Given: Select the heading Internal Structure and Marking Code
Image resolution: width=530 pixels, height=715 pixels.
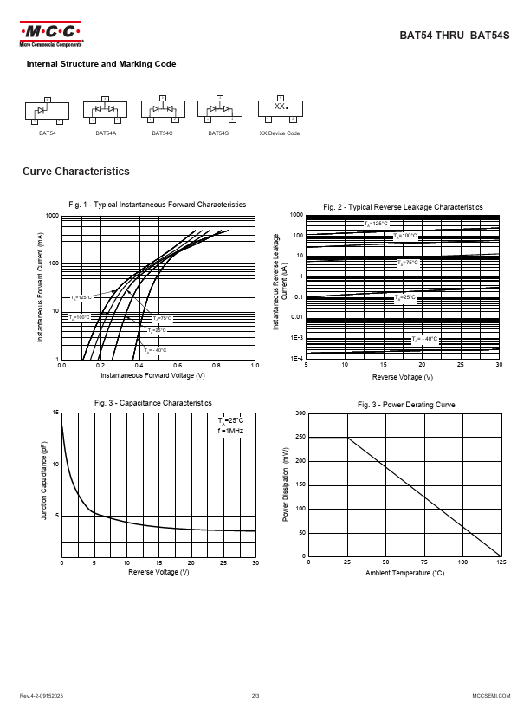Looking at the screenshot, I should [101, 64].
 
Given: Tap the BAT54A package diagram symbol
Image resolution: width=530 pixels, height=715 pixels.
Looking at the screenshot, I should [104, 110].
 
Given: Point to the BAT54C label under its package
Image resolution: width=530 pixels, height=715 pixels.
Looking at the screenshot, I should [162, 133].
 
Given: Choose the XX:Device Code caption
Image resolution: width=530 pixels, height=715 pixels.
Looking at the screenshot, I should [280, 133].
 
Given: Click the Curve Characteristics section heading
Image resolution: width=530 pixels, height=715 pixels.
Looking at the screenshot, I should [76, 172].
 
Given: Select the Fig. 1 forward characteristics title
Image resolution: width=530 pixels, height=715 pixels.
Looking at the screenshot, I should [158, 205].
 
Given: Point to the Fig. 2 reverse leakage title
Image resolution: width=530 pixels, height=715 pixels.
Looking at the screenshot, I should [403, 207].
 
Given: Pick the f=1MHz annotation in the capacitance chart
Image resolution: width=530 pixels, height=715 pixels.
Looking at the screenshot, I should [231, 430].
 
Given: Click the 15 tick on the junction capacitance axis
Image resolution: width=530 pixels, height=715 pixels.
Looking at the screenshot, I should [56, 413].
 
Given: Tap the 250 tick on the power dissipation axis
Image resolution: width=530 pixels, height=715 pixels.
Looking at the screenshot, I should [300, 438].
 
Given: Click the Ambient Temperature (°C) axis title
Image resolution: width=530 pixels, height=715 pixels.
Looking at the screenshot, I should [404, 573].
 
